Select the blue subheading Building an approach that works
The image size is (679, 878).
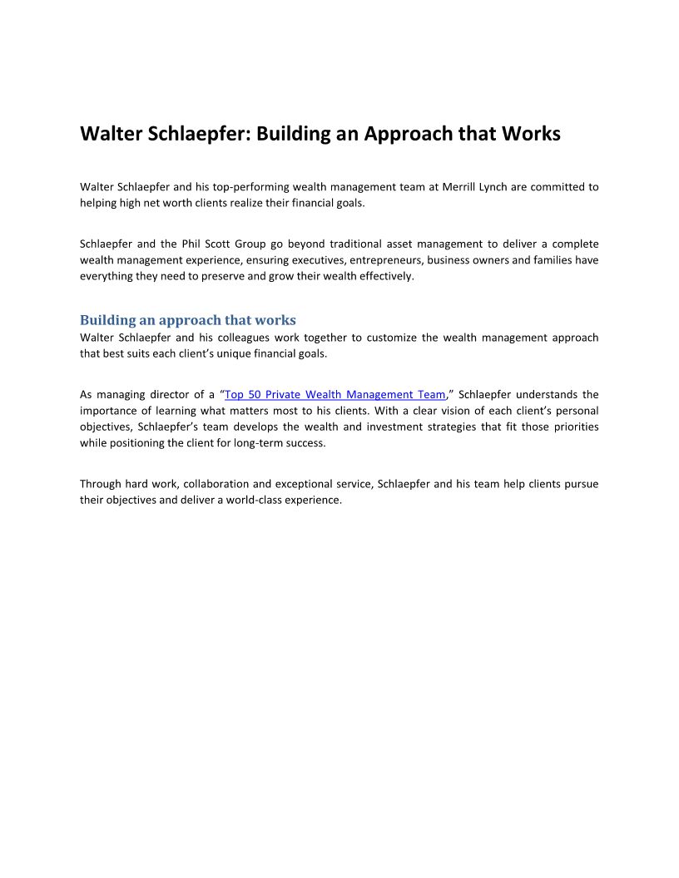(187, 320)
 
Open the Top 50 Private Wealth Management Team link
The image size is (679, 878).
(335, 395)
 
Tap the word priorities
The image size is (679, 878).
(572, 427)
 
